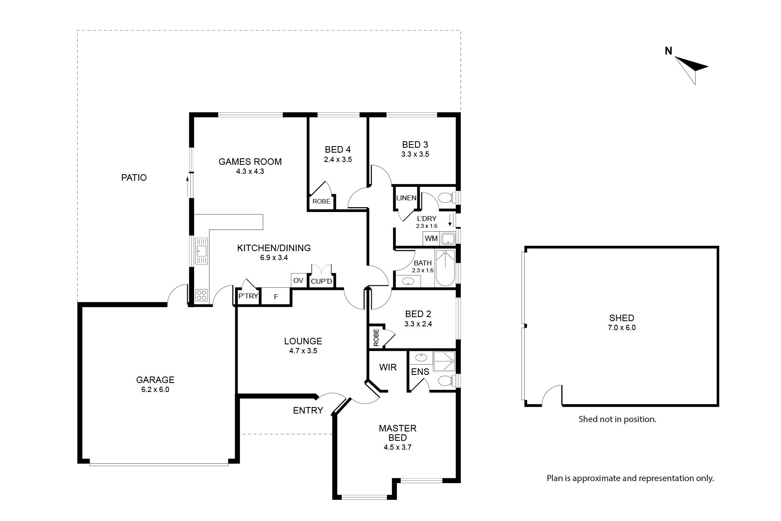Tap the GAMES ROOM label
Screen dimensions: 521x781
click(250, 162)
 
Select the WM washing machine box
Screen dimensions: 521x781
click(431, 239)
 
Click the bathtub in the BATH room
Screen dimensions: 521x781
click(445, 269)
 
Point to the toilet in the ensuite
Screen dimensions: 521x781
click(445, 381)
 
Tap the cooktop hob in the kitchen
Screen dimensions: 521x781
click(201, 295)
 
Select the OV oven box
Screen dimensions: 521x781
click(298, 280)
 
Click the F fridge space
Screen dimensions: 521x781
click(276, 297)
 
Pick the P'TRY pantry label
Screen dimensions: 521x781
click(248, 296)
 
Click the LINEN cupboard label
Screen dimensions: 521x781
click(406, 198)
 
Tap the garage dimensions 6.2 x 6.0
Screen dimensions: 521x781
click(155, 390)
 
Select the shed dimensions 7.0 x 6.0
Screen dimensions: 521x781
click(622, 328)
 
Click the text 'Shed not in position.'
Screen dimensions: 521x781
click(617, 419)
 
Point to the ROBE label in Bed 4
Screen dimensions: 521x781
click(321, 201)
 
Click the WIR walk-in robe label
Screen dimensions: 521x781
click(388, 368)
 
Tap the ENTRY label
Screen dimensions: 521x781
click(308, 410)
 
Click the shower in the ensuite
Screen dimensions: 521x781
click(444, 361)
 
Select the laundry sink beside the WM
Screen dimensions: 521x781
click(448, 238)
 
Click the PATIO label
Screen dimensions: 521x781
click(134, 177)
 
